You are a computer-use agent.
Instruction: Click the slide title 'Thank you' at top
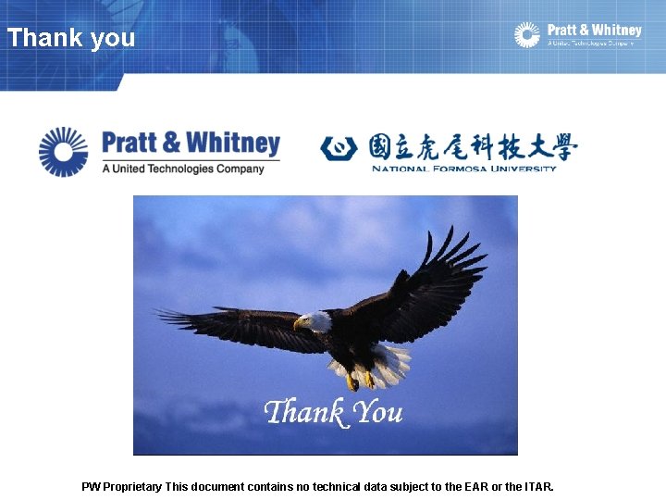coord(71,38)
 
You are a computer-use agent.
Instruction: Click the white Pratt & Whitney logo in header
coord(578,35)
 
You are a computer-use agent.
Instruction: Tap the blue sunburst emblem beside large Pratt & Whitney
coord(63,151)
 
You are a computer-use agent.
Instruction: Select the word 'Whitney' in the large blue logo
coord(237,144)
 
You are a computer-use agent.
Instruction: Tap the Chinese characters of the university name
coord(472,147)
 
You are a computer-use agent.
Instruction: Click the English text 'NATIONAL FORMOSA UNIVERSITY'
coord(464,169)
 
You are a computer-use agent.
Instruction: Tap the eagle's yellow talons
coord(360,380)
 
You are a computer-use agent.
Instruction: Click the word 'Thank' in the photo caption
coord(303,412)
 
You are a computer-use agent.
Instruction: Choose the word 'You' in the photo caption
coord(378,412)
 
